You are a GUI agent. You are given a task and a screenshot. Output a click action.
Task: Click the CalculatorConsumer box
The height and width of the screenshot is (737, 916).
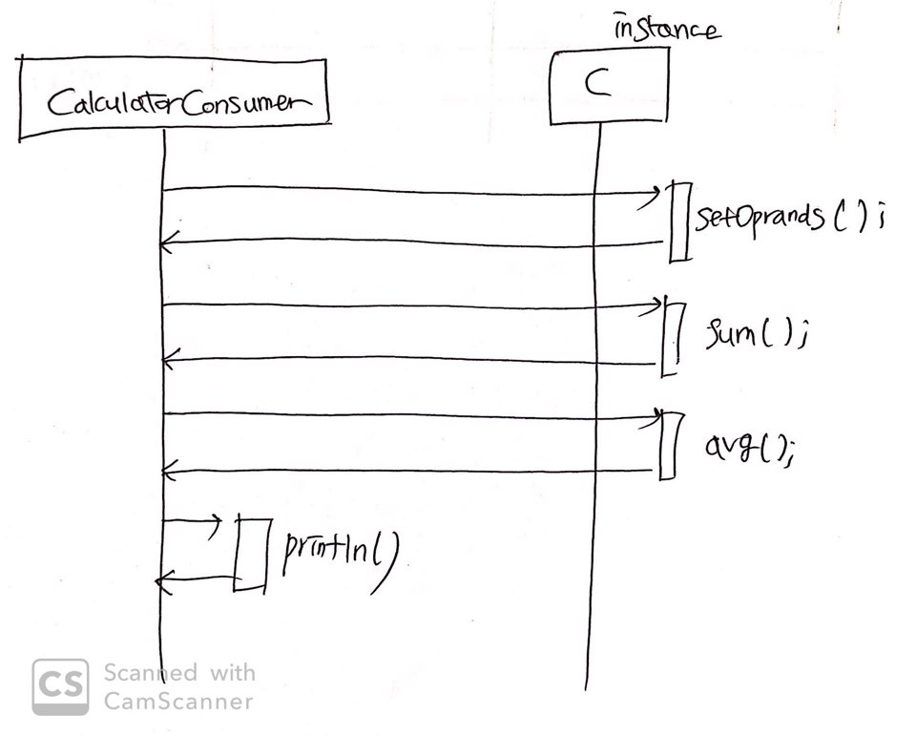[173, 98]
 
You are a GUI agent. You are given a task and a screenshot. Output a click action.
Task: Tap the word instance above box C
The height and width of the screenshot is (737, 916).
[665, 28]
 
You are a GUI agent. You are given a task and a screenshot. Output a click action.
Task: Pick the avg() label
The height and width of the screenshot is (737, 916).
[749, 446]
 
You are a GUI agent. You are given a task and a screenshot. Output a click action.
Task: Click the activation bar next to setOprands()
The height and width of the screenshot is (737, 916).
[678, 221]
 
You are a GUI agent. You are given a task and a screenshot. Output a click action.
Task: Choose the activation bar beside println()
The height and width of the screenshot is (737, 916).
[252, 554]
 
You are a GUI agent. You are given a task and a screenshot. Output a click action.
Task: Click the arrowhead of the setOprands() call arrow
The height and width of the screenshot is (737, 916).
[656, 197]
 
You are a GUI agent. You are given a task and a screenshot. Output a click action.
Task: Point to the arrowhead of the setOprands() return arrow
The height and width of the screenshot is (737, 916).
[166, 245]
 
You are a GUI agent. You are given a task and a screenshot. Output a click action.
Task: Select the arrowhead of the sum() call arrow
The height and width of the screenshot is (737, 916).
[656, 305]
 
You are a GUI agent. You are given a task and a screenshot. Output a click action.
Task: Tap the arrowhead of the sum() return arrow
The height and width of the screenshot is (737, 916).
[167, 360]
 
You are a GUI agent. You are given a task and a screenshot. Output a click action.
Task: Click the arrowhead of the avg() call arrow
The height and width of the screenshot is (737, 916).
[656, 416]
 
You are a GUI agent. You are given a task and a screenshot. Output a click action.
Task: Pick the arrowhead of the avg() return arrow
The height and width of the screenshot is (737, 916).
[167, 471]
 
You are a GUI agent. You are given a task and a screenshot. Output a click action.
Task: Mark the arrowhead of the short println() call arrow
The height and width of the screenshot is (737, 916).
[218, 521]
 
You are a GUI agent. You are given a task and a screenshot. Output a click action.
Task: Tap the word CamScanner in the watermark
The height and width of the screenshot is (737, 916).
[178, 702]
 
